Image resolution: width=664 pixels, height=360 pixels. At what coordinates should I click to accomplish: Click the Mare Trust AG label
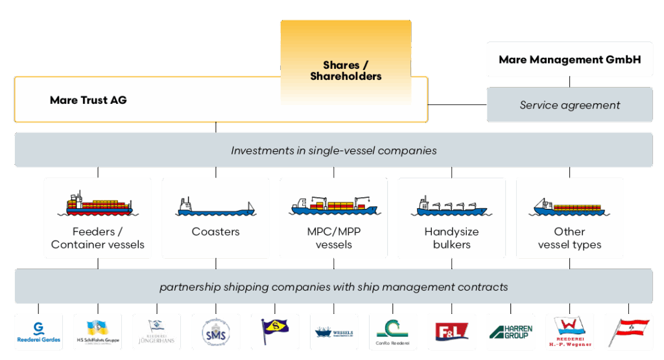tap(88, 100)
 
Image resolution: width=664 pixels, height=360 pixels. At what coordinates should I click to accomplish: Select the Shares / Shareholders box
tap(346, 71)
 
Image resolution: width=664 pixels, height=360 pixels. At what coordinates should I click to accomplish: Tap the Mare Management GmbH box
tap(569, 60)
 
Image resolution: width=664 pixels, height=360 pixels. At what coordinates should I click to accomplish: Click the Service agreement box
tap(569, 104)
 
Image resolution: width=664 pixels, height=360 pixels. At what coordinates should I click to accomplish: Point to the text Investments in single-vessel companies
tap(333, 150)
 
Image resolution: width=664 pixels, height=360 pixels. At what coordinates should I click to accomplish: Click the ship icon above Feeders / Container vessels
tap(98, 204)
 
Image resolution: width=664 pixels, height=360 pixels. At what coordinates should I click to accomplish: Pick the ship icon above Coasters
tap(215, 207)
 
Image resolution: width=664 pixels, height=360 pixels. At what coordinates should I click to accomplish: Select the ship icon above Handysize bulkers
tap(451, 206)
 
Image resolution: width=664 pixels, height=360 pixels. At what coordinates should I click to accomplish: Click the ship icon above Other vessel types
tap(569, 207)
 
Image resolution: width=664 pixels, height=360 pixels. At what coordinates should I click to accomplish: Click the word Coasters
tap(215, 232)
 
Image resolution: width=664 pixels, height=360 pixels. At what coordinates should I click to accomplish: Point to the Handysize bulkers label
tap(451, 238)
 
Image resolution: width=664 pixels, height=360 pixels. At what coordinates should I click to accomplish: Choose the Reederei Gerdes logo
tap(38, 332)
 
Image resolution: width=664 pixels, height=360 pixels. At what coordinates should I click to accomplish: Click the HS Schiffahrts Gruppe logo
tap(97, 332)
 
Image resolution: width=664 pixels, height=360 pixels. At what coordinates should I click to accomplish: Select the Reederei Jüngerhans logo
tap(156, 331)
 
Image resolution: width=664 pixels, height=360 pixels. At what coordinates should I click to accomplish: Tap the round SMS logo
tap(215, 332)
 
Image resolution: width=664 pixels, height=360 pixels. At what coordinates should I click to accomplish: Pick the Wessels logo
tap(333, 332)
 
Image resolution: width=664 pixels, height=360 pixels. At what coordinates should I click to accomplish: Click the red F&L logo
tap(451, 332)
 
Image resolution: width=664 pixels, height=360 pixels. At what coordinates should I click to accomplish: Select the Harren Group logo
tap(510, 332)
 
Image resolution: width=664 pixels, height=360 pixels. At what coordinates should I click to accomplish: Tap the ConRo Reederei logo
tap(392, 332)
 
